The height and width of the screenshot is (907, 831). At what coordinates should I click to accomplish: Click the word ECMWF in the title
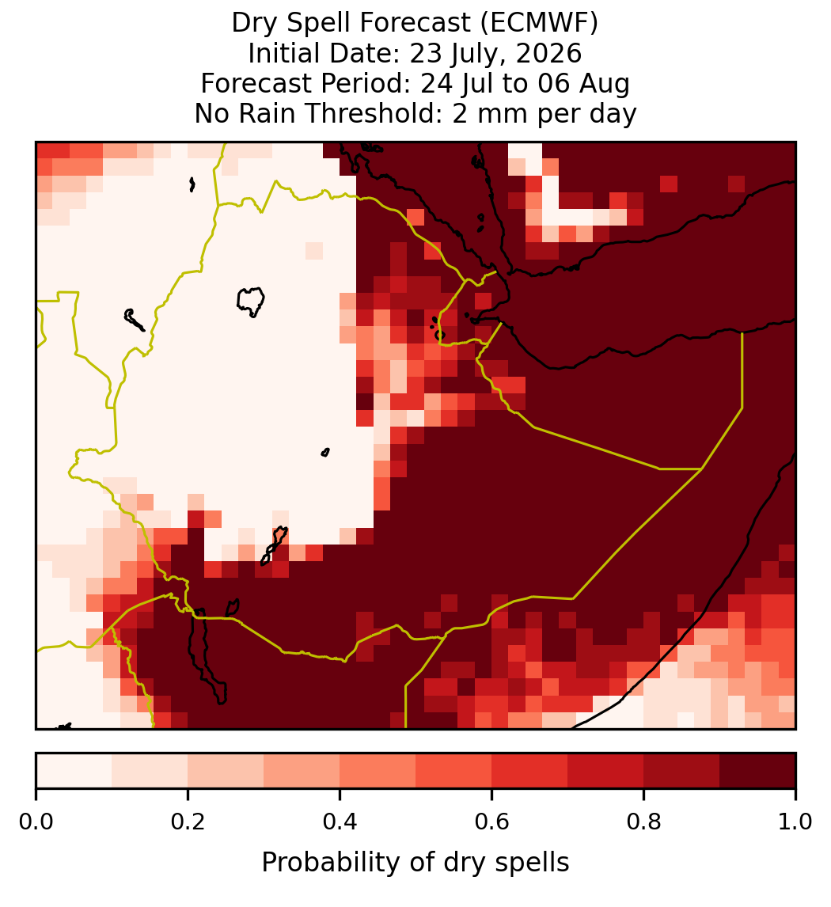pos(545,23)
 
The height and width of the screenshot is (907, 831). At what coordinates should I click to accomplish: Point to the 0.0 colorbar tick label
pos(36,822)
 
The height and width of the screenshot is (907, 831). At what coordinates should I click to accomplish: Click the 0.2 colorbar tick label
pos(188,822)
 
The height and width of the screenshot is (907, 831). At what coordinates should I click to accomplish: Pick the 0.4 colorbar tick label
pos(340,822)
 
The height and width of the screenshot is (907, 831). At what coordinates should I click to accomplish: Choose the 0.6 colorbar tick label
pos(491,822)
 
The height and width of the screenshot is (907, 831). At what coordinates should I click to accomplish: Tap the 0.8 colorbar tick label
pos(643,822)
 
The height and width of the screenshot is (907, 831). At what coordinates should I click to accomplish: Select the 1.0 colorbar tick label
pos(795,822)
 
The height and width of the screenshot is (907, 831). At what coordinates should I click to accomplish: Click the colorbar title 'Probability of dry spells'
pos(415,863)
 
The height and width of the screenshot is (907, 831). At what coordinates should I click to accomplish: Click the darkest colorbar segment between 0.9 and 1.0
pos(757,771)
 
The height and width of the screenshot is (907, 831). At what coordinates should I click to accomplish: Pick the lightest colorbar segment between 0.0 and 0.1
pos(74,771)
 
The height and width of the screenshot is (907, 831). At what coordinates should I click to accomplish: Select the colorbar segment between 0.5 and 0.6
pos(453,771)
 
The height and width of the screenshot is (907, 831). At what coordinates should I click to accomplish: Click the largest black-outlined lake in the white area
pos(250,302)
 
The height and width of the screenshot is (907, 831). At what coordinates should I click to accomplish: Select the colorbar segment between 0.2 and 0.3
pos(226,771)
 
